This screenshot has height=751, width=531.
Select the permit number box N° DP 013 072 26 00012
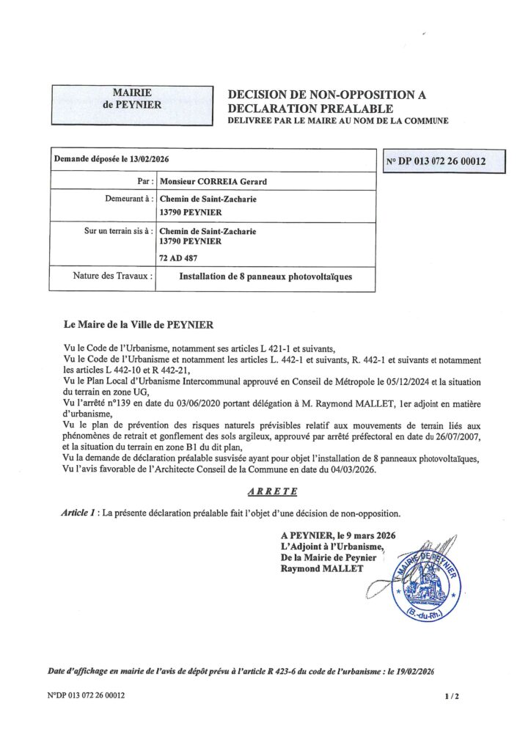[x=445, y=161]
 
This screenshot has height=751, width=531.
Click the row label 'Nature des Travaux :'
[x=112, y=276]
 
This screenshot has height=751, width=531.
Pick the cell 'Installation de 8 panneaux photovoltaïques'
[x=265, y=277]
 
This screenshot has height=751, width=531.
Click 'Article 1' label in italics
[x=80, y=513]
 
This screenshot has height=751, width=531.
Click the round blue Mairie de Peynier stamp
[x=425, y=582]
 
